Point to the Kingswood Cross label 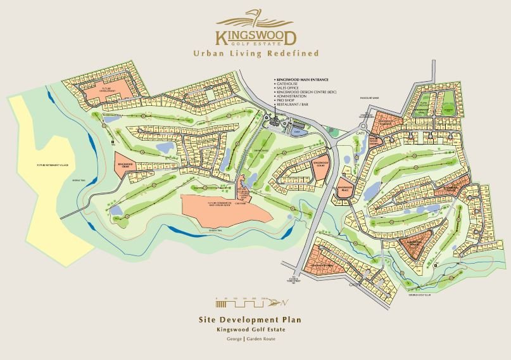(x=125, y=165)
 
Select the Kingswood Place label (x=346, y=188)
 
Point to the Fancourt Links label (x=368, y=98)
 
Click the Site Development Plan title (x=256, y=320)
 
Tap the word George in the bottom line (x=234, y=339)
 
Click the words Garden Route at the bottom (x=261, y=339)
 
